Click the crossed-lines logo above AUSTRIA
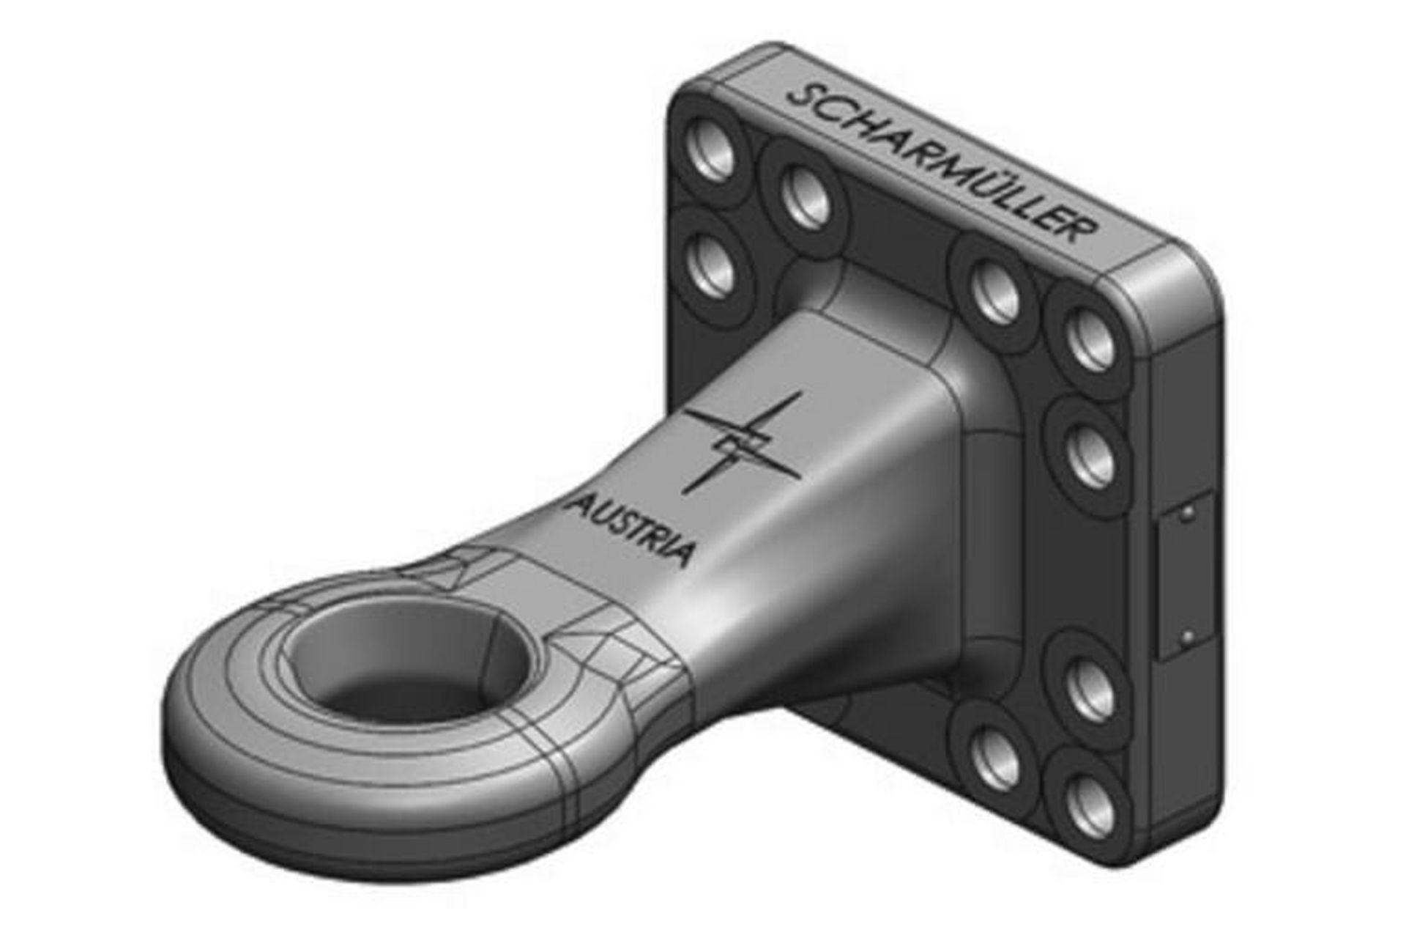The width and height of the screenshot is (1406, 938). coord(742,443)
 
